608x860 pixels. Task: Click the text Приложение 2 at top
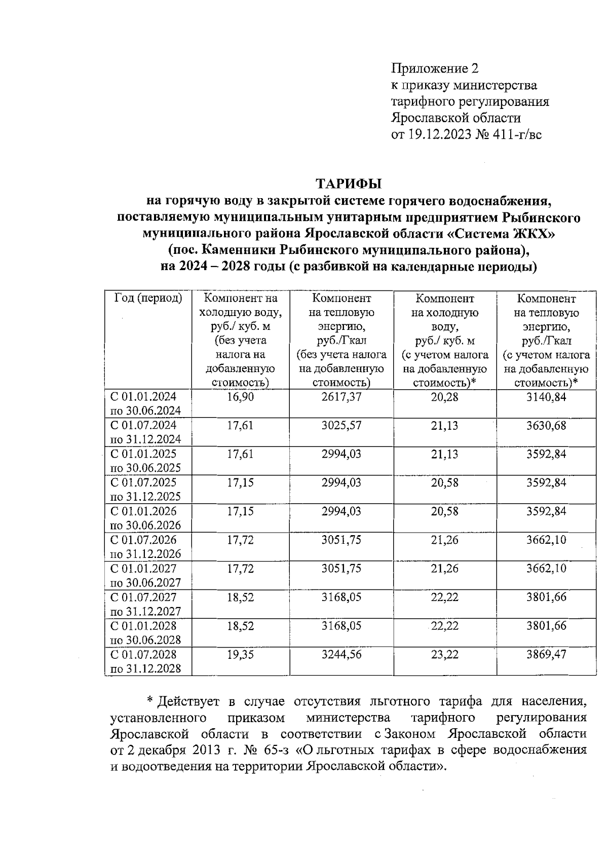[x=435, y=68]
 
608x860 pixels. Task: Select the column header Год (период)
[x=148, y=298]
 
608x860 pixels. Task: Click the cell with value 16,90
[x=240, y=397]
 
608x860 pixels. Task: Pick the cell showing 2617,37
[x=341, y=397]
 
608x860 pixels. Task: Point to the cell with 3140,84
[x=546, y=397]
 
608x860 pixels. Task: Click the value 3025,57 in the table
[x=341, y=425]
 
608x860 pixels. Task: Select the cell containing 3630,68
[x=546, y=425]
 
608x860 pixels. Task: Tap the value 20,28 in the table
[x=444, y=397]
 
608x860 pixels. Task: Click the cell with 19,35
[x=240, y=654]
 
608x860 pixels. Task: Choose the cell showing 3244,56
[x=341, y=654]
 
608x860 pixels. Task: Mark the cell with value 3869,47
[x=546, y=654]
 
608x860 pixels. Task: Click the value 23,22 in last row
[x=444, y=654]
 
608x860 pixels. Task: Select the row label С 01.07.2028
[x=143, y=654]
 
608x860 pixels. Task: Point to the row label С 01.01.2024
[x=143, y=396]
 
